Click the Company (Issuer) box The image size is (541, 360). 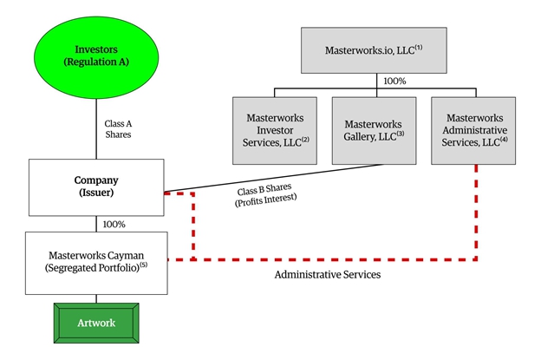(96, 187)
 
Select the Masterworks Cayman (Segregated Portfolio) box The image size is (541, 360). (96, 259)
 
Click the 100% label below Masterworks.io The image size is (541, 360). (395, 81)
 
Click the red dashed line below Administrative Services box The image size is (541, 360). (476, 213)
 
